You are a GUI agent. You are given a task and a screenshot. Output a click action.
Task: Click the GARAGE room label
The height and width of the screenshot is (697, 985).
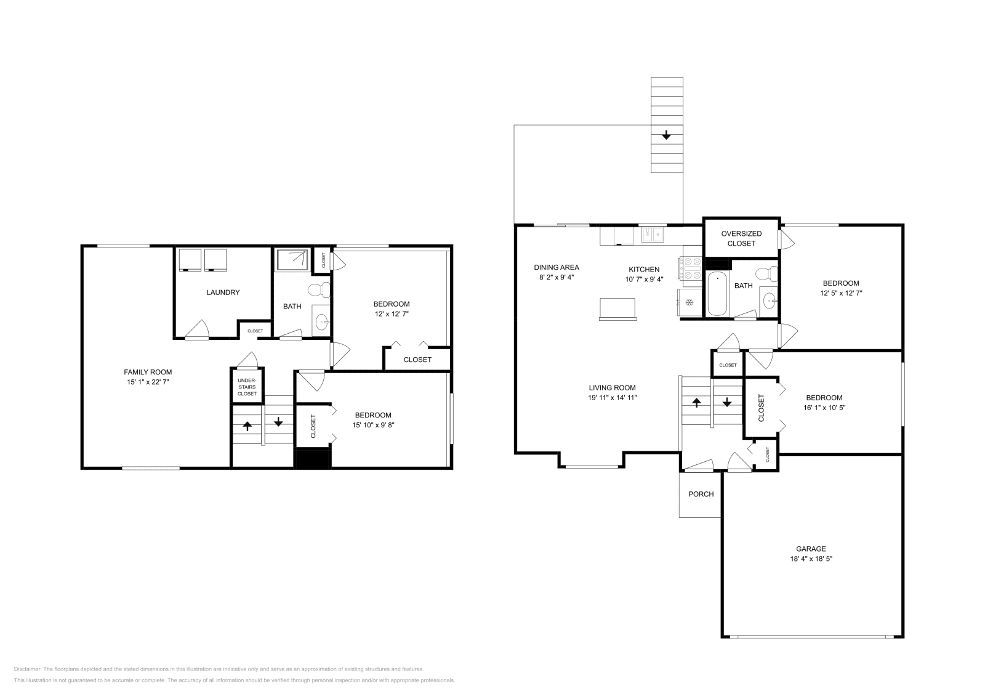811,549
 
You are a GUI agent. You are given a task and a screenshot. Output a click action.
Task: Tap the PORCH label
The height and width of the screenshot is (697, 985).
701,494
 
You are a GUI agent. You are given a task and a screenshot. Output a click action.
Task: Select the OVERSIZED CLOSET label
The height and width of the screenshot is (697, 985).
741,238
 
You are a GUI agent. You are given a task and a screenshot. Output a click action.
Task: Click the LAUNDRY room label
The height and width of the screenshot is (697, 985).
223,292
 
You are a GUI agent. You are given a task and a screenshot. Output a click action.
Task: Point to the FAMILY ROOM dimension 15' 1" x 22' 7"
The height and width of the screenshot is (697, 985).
148,382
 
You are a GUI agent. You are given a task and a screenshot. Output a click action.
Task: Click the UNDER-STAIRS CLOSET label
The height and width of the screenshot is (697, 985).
247,387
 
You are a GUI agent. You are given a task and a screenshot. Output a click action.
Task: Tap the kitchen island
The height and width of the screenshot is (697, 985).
617,308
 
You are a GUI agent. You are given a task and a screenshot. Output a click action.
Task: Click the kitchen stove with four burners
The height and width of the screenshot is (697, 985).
690,268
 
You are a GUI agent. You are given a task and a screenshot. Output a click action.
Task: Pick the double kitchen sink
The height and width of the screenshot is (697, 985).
652,234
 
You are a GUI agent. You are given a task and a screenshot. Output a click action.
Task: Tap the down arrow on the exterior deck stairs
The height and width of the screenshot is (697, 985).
666,135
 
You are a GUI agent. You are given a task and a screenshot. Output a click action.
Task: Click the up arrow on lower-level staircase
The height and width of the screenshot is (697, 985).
247,425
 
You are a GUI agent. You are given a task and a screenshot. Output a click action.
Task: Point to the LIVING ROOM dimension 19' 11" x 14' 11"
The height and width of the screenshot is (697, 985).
612,398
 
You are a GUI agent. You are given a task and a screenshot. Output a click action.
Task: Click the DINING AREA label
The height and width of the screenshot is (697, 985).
557,268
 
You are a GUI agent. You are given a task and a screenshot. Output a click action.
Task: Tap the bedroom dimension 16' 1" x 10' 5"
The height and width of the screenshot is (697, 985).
824,408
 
